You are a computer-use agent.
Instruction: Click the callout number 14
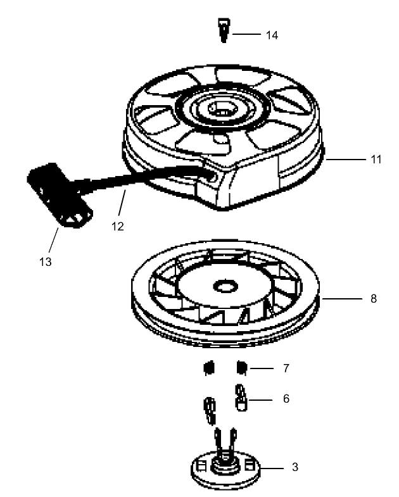pos(272,35)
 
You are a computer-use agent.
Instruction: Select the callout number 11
pos(376,160)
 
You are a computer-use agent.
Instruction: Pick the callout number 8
pos(374,298)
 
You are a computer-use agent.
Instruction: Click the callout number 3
pos(294,468)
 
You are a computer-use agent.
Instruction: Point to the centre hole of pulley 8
pos(224,287)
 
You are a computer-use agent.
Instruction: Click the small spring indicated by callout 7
pos(241,367)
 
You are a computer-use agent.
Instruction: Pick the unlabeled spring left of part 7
pos(207,368)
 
